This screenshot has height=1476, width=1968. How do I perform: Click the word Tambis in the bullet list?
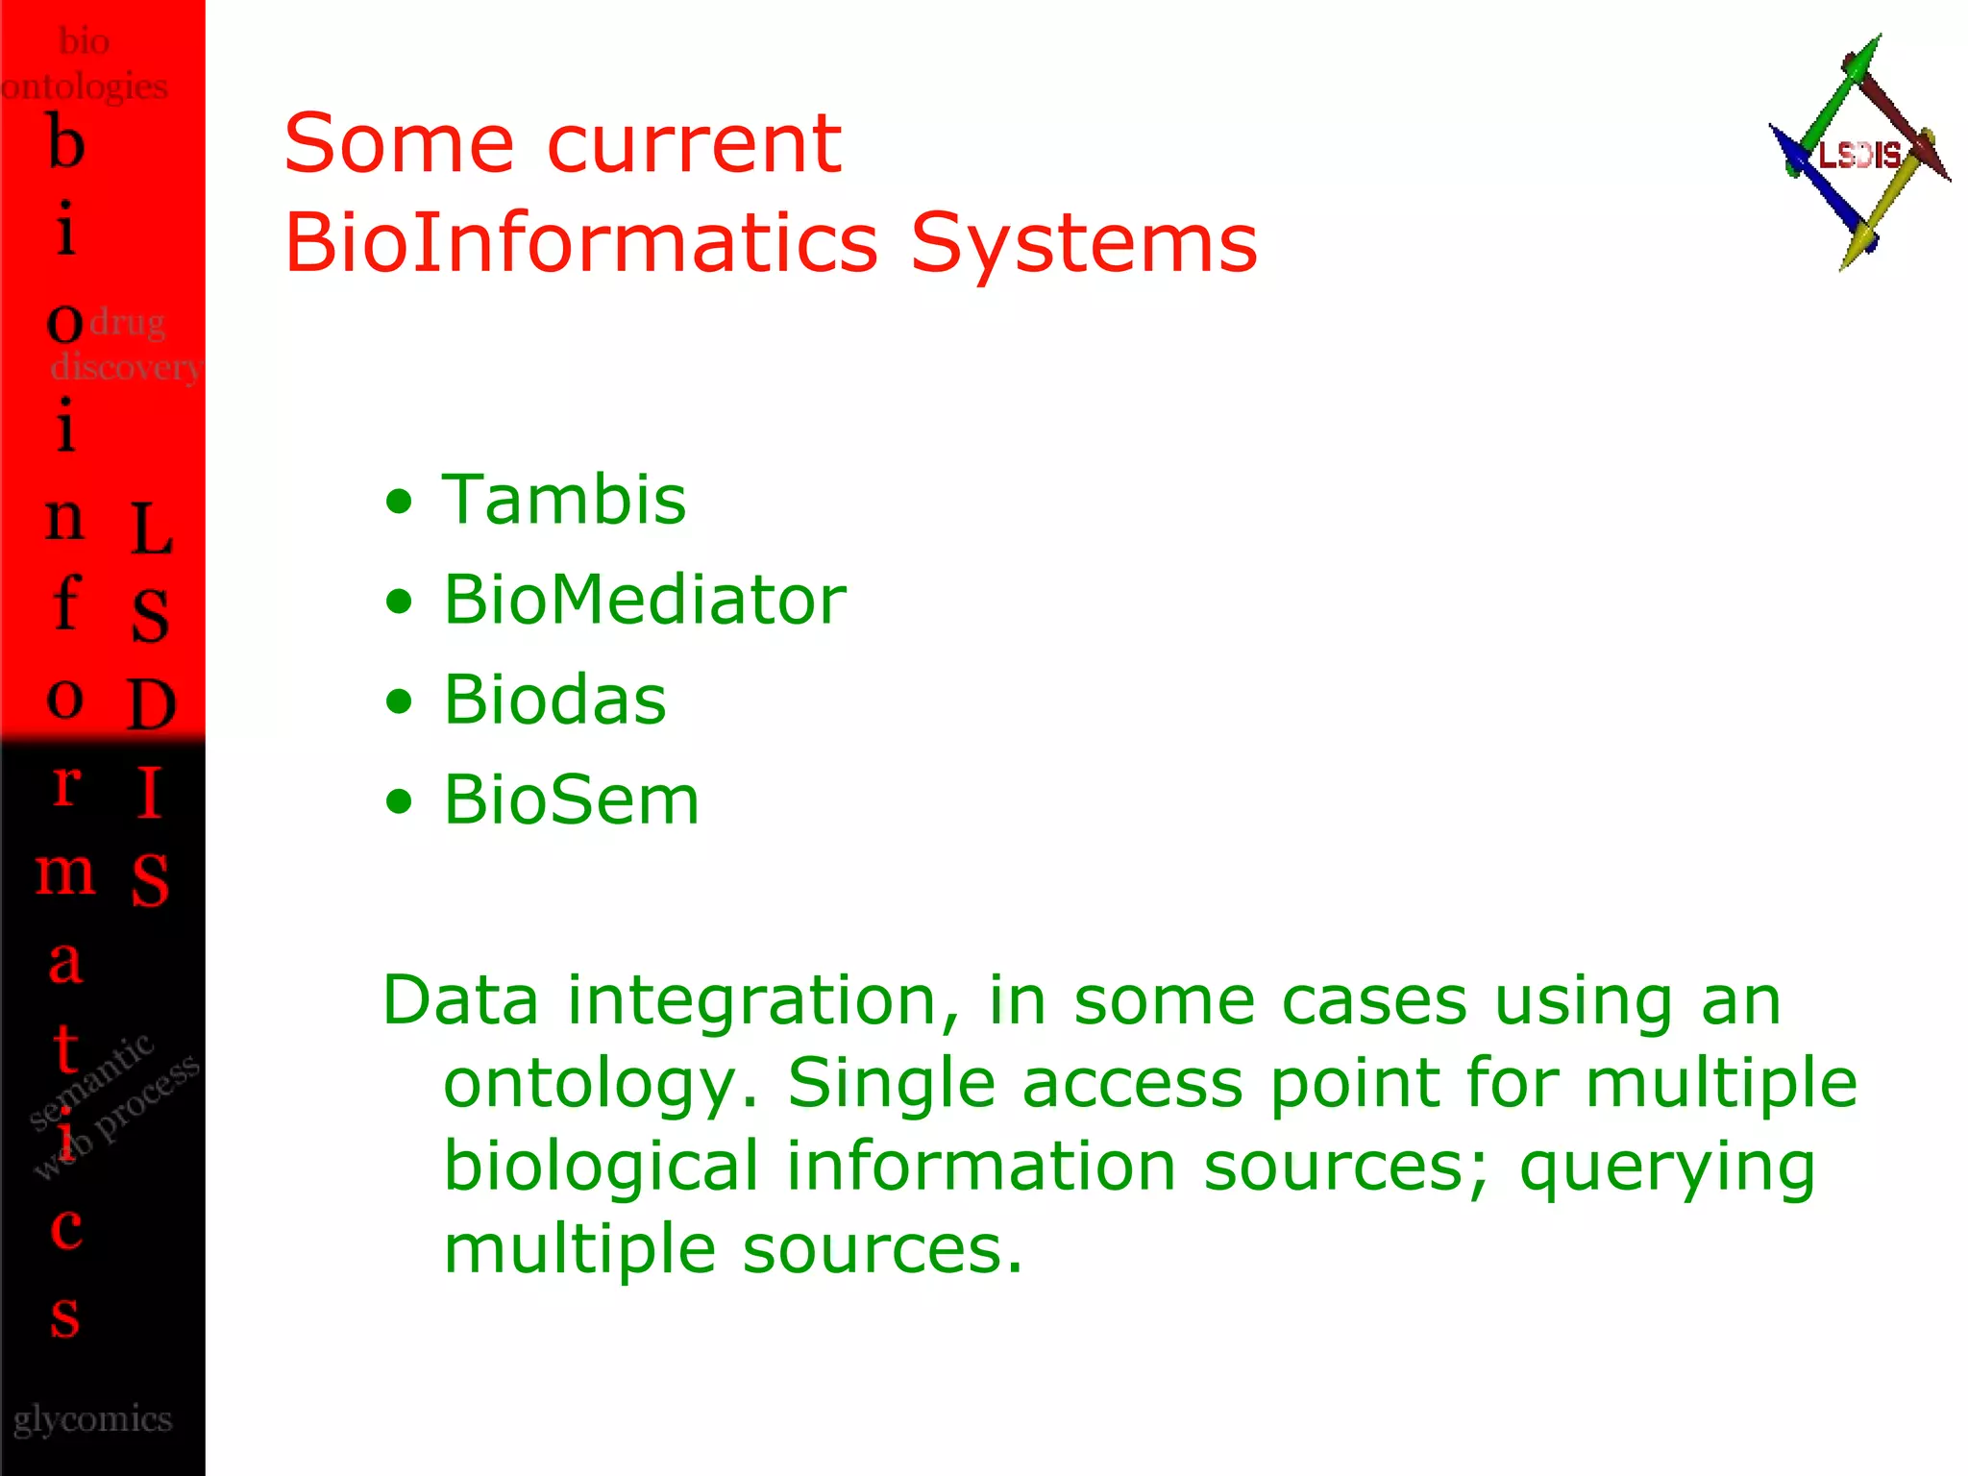pyautogui.click(x=564, y=501)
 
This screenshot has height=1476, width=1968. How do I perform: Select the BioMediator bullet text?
pyautogui.click(x=644, y=601)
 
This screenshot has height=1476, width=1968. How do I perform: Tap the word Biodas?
pyautogui.click(x=554, y=701)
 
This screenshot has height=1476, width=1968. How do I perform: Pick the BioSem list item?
pyautogui.click(x=571, y=800)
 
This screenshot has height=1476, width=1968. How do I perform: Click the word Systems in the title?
pyautogui.click(x=1083, y=242)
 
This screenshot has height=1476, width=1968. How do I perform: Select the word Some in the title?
pyautogui.click(x=399, y=144)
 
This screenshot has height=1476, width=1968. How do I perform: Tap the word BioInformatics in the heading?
pyautogui.click(x=581, y=242)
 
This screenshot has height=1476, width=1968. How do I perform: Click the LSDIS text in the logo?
pyautogui.click(x=1858, y=155)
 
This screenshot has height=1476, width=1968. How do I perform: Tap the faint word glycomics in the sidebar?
pyautogui.click(x=92, y=1419)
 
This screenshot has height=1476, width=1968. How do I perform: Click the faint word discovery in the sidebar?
pyautogui.click(x=125, y=367)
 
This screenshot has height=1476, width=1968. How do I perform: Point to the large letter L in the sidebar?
pyautogui.click(x=151, y=529)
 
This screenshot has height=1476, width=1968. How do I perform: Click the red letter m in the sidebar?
pyautogui.click(x=65, y=872)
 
